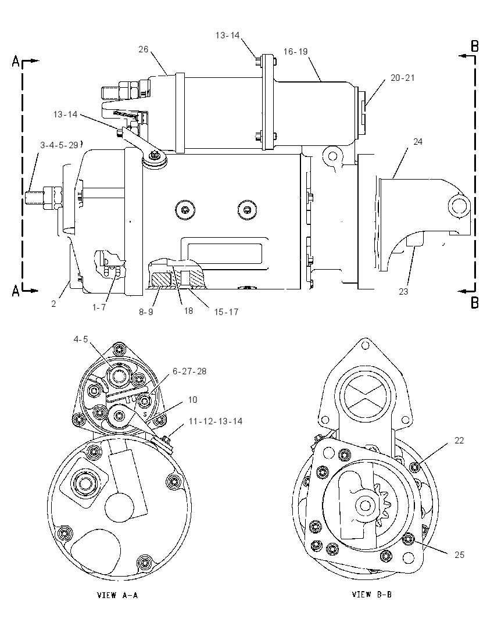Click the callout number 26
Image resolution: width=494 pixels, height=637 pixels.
coord(144,49)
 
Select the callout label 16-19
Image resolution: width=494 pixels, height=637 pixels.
coord(296,52)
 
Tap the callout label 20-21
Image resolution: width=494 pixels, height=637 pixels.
coord(403,78)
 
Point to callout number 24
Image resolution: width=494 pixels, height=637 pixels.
coord(418,141)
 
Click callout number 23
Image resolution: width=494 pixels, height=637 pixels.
coord(403,291)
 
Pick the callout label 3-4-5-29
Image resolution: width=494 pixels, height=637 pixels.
coord(59,145)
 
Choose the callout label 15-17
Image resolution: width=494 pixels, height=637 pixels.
coord(226,312)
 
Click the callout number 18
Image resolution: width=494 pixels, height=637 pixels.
coord(188,311)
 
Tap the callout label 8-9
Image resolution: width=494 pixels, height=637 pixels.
coord(146,312)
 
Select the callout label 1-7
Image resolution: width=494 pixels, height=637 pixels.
coord(99,307)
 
